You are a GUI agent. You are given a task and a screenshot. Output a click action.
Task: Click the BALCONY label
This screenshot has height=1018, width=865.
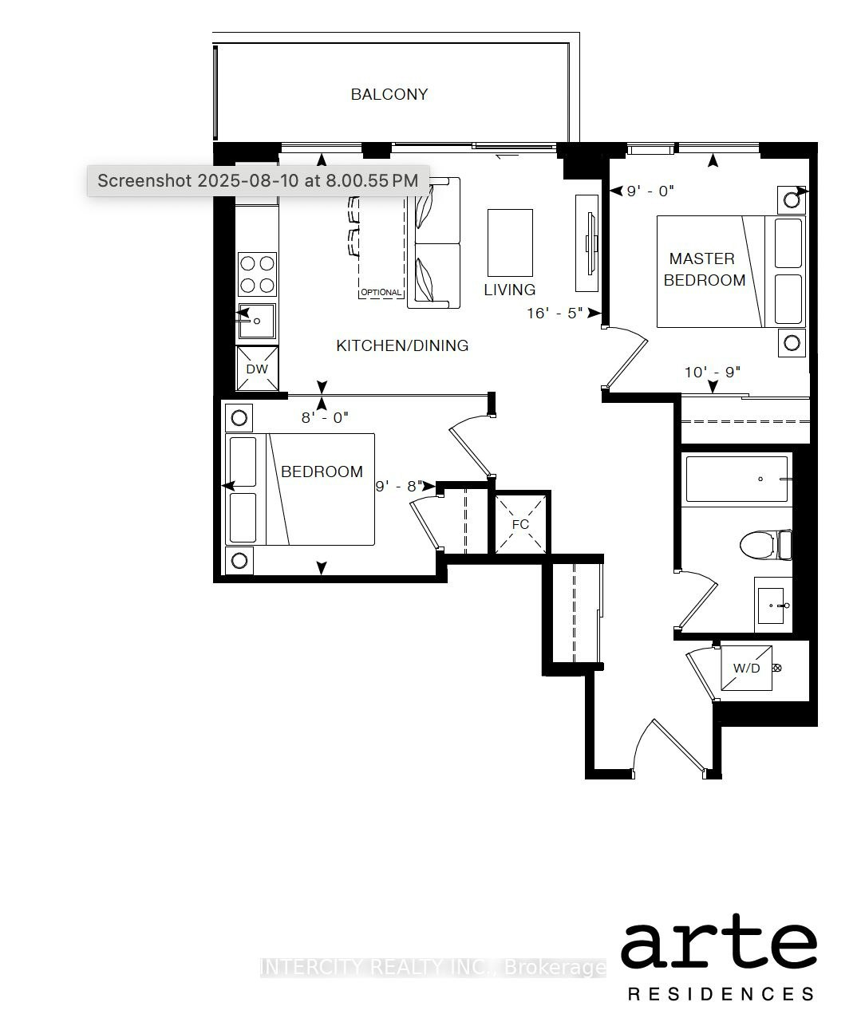(389, 94)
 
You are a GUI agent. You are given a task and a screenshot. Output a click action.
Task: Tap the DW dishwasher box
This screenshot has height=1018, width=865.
(257, 369)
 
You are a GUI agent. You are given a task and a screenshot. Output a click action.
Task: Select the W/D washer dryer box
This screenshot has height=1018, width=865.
(746, 668)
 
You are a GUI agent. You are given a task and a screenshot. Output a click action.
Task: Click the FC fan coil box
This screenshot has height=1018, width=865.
(520, 524)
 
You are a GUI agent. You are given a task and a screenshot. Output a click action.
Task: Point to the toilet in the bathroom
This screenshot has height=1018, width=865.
(766, 545)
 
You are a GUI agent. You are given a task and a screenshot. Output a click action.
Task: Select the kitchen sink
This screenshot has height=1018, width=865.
(257, 321)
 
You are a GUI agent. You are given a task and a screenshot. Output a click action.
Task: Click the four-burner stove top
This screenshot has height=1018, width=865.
(257, 274)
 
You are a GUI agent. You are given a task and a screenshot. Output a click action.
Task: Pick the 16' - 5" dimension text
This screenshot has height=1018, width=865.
(555, 314)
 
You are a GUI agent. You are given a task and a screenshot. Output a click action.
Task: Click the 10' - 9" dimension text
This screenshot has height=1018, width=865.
(713, 373)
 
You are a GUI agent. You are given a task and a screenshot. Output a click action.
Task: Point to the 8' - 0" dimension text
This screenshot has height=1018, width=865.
(325, 417)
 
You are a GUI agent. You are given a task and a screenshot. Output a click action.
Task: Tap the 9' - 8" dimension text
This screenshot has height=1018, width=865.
(399, 487)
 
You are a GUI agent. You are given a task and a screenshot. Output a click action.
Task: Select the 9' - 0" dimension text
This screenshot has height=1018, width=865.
(650, 191)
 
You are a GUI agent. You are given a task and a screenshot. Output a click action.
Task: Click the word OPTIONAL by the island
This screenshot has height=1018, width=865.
(381, 292)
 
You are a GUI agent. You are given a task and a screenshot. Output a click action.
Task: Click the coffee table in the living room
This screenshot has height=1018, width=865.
(510, 243)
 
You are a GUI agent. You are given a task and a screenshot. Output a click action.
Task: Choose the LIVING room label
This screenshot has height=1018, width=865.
(509, 290)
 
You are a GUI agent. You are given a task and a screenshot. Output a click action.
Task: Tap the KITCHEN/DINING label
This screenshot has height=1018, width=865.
(402, 345)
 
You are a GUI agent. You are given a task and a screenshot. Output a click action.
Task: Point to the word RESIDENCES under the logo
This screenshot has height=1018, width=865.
(721, 994)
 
